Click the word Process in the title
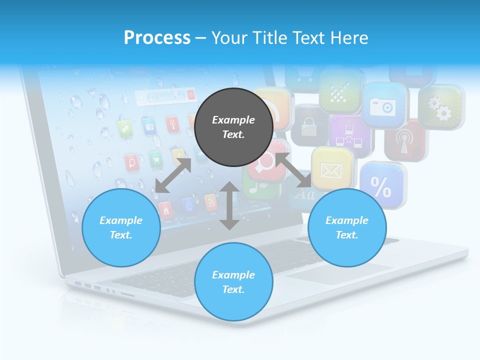pyautogui.click(x=157, y=38)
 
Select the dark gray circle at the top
pyautogui.click(x=233, y=127)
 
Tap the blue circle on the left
pyautogui.click(x=121, y=227)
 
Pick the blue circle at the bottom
pyautogui.click(x=233, y=282)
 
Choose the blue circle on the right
pyautogui.click(x=347, y=227)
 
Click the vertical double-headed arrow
pyautogui.click(x=229, y=205)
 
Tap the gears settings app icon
pyautogui.click(x=440, y=108)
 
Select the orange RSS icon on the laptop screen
pyautogui.click(x=211, y=201)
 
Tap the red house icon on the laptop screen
pyautogui.click(x=165, y=210)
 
